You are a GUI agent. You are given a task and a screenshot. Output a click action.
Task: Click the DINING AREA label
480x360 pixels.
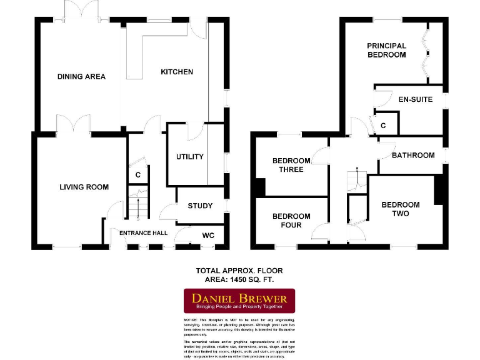[81, 76]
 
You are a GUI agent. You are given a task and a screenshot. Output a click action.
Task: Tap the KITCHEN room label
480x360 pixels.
[177, 72]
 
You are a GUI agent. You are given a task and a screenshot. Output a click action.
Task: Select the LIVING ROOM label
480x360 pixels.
[84, 187]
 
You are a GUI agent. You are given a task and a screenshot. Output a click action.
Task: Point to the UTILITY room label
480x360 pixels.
[189, 156]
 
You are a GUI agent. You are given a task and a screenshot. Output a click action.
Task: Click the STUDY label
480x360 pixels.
[200, 206]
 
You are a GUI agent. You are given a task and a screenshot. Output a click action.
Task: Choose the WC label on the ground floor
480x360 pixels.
[208, 236]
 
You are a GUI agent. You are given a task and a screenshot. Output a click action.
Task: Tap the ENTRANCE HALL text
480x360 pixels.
[143, 233]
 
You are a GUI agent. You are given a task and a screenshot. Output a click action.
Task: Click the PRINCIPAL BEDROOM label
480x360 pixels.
[386, 50]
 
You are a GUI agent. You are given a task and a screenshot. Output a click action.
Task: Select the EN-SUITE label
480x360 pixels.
[415, 99]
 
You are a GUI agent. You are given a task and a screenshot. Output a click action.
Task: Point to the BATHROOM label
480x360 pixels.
[413, 155]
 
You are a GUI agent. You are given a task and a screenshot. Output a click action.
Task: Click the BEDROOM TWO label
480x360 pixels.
[401, 209]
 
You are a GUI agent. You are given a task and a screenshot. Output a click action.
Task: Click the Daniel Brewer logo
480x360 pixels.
[239, 300]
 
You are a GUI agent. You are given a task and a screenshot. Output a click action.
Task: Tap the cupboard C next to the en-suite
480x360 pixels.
[383, 125]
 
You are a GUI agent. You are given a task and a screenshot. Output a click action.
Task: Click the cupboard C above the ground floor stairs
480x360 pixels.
[138, 175]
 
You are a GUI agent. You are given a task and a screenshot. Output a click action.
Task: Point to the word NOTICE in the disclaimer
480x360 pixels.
[192, 319]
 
